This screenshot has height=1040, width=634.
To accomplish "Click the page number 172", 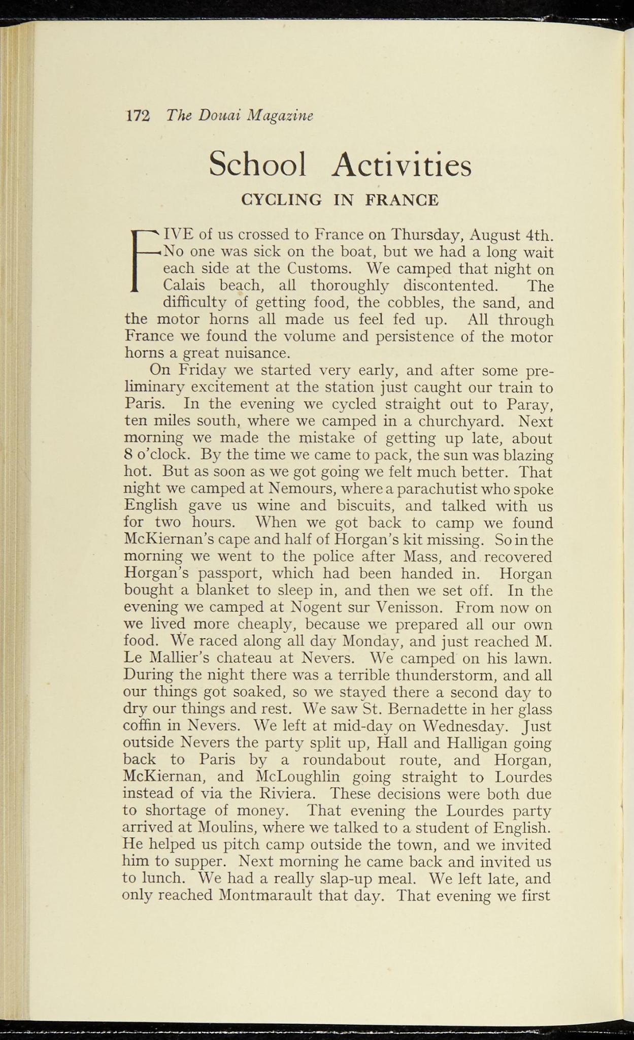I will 138,116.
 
